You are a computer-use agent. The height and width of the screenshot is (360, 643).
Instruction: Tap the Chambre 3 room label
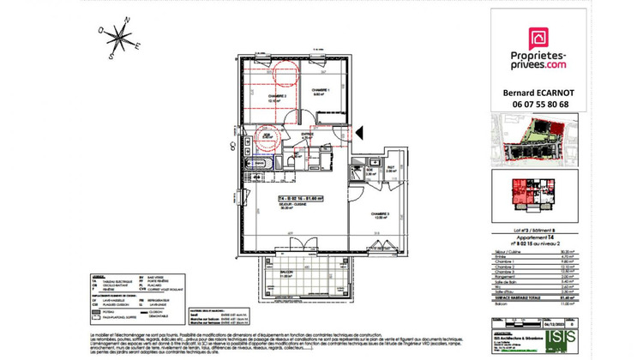point(381,215)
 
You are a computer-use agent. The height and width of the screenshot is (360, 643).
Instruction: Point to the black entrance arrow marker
point(360,131)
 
